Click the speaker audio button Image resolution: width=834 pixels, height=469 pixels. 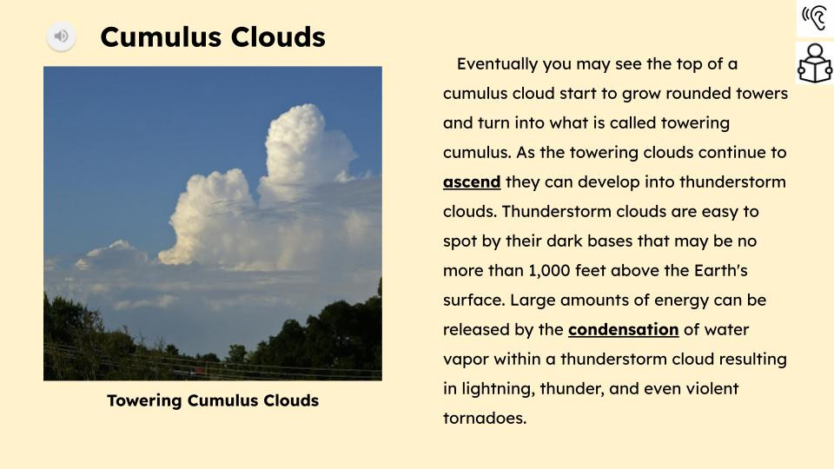(61, 36)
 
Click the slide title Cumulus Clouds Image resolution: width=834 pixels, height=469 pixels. (213, 37)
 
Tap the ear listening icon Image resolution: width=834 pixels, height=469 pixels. (815, 17)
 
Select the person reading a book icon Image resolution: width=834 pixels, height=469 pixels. (815, 63)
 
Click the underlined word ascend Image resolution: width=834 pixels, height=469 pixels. (472, 182)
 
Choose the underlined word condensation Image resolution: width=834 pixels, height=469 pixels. (624, 329)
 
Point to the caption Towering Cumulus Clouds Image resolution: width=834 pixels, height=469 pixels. (213, 400)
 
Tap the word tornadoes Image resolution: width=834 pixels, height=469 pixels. (485, 418)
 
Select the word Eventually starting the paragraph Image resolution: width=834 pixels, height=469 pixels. (497, 64)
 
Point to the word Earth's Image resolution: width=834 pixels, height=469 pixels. (721, 270)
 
